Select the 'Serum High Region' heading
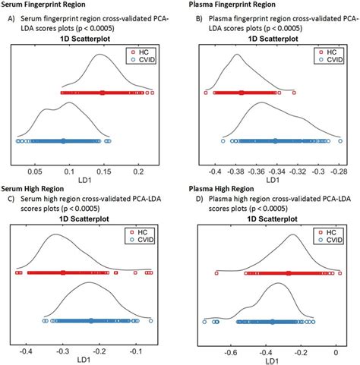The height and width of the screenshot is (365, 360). tap(34, 187)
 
